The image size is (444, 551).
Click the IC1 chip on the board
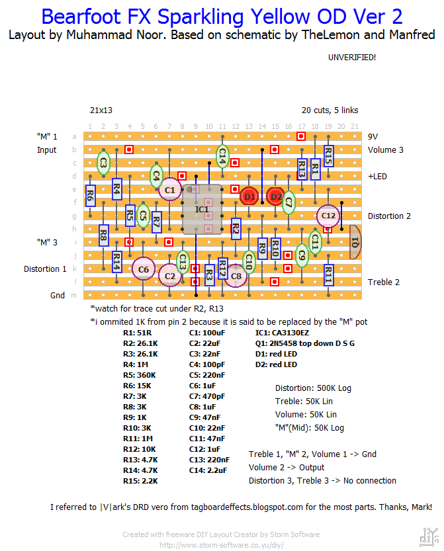click(202, 210)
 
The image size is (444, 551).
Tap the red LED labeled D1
click(249, 196)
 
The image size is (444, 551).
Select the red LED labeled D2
click(275, 196)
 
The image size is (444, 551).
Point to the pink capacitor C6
click(143, 269)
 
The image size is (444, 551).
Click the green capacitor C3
click(103, 163)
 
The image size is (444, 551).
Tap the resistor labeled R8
click(103, 235)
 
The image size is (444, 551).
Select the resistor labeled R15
click(328, 156)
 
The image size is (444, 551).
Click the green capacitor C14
click(222, 157)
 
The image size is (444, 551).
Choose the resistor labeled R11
click(328, 275)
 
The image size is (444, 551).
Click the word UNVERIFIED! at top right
click(352, 58)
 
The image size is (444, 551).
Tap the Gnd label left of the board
click(58, 295)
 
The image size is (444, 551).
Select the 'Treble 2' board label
click(384, 282)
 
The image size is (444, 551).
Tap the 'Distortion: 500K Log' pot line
click(312, 388)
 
